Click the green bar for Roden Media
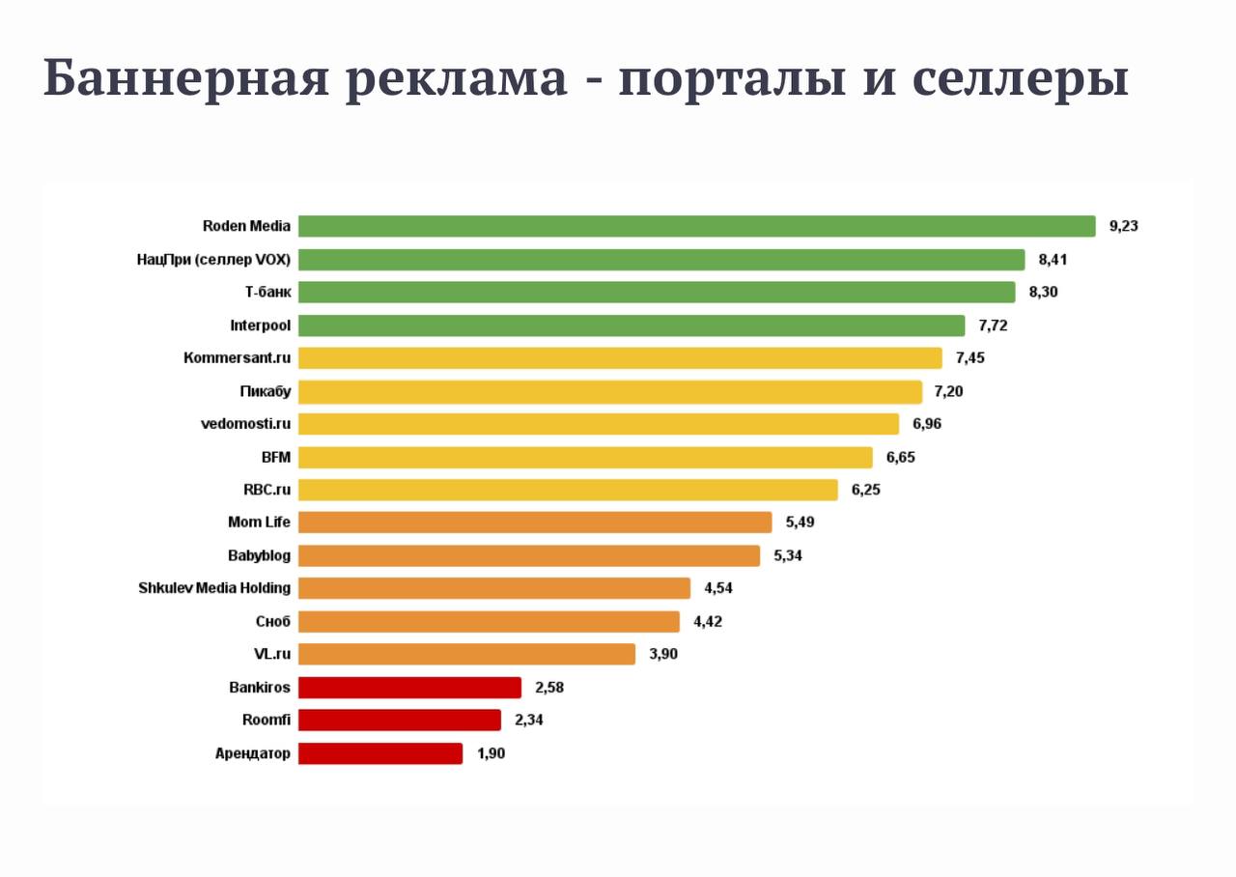pos(696,226)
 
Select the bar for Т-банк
pos(657,292)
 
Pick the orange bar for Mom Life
pos(535,523)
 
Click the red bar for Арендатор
pos(380,753)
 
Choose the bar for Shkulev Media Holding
pos(494,588)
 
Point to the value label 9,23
pos(1124,226)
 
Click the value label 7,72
pos(993,325)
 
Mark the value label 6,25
pos(865,490)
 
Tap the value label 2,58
pos(549,688)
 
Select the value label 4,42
pos(707,621)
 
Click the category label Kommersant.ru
pos(237,358)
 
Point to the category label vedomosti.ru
pos(245,423)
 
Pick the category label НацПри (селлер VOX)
pos(213,259)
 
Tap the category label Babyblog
pos(259,555)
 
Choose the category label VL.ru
pos(271,654)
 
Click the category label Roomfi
pos(266,720)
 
